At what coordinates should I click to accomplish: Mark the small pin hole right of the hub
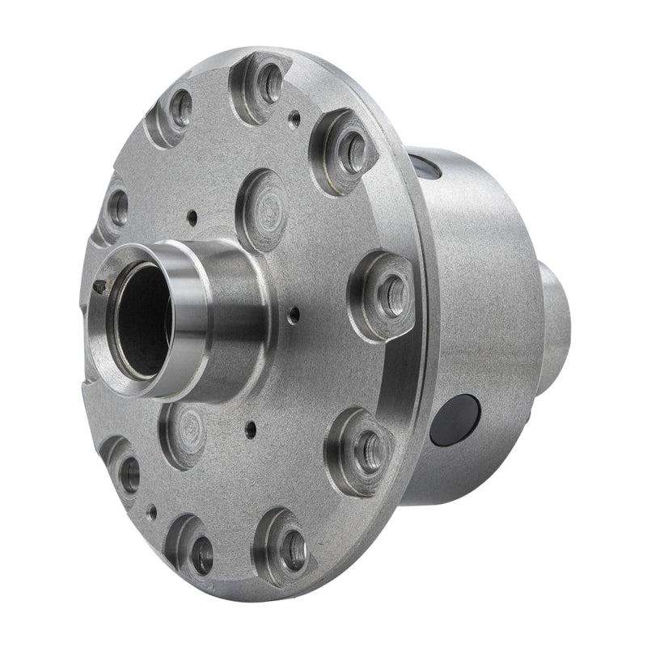[294, 311]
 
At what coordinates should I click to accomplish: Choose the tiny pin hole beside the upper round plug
[192, 216]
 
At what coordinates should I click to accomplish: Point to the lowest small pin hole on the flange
[152, 511]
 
